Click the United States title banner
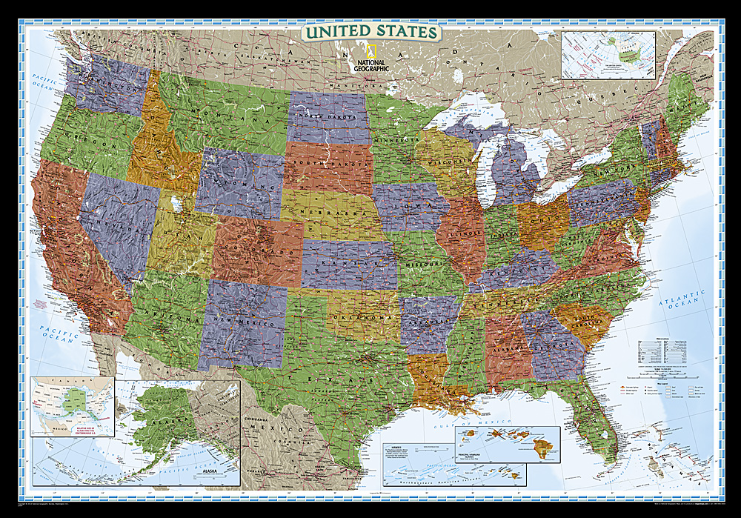370,32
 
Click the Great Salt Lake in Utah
174,202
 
